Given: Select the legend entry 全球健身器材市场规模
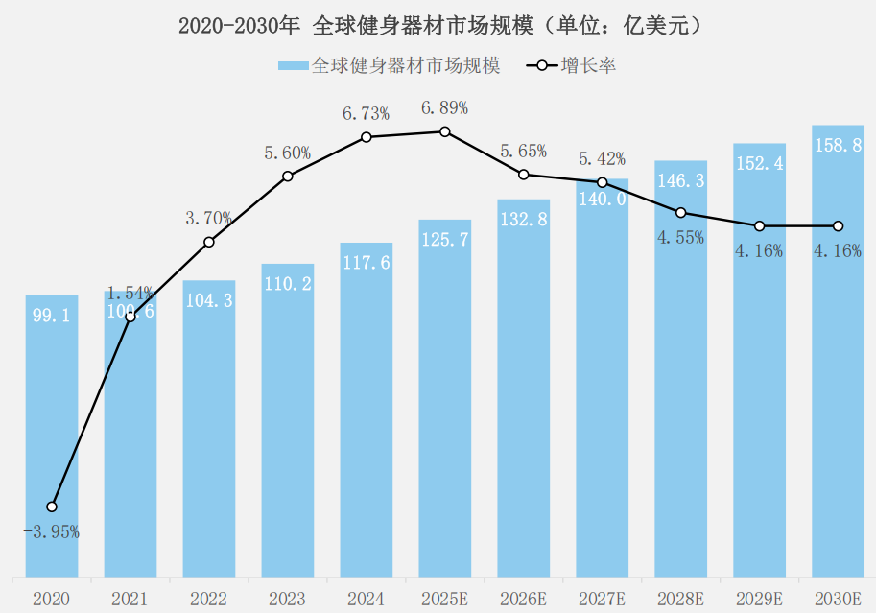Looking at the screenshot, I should coord(389,65).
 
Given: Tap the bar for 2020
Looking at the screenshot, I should coord(52,436).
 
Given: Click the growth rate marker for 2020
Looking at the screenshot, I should coord(52,507).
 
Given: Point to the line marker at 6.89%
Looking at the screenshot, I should coord(445,131).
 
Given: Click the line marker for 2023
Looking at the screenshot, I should coord(288,177).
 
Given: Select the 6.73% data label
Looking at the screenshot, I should coord(366,114).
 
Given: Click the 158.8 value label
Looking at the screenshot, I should coord(838,146).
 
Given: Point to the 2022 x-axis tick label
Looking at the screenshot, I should coord(208,599).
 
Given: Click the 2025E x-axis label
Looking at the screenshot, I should coord(444,599).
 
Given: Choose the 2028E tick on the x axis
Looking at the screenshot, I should coord(680,599).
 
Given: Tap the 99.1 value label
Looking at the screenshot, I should coord(51,316).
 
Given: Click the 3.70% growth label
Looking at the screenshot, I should coord(208,219).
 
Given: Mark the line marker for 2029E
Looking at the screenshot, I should coord(760,226).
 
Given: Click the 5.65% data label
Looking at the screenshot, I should coord(523,152).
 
